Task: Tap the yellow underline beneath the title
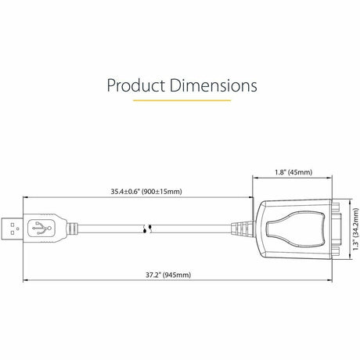[182, 100]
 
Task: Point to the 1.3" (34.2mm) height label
[353, 228]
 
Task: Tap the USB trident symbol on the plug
[41, 229]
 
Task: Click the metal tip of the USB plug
[11, 229]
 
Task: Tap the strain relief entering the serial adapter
[240, 229]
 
